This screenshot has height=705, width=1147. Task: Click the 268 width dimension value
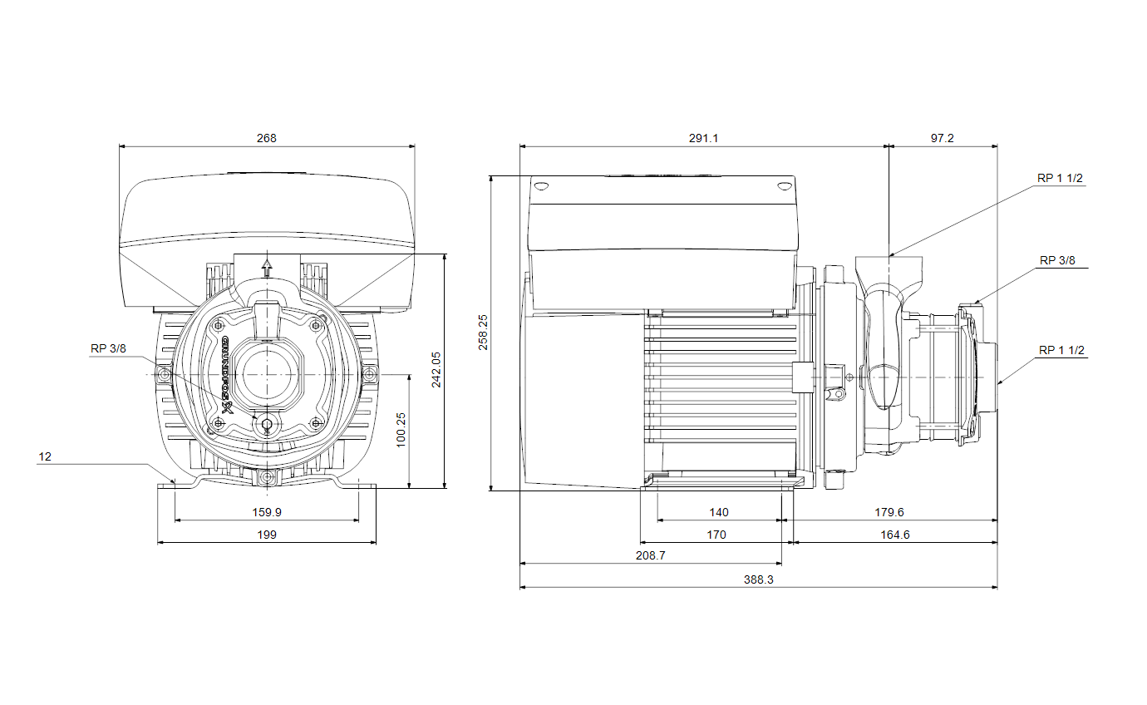pos(266,138)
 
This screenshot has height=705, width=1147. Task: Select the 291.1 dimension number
pos(703,138)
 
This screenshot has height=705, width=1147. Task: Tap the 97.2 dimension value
pos(943,138)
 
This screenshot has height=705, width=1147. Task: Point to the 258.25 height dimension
pos(483,333)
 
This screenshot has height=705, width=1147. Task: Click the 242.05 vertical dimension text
pos(436,370)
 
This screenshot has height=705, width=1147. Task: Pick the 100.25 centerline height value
pos(401,431)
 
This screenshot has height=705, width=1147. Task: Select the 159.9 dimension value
pos(267,512)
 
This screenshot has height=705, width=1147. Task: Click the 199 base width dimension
pos(267,535)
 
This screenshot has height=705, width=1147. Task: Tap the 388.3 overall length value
pos(758,579)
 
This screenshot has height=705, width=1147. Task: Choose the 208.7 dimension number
pos(650,555)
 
